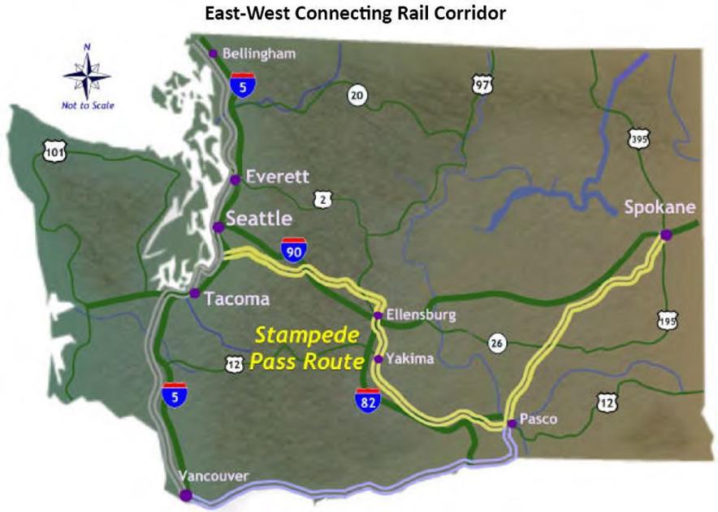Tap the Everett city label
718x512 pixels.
coord(278,176)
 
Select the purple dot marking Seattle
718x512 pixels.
coord(218,227)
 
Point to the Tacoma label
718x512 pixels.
coord(237,298)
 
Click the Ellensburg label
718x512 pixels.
coord(422,315)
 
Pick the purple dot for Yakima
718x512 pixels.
coord(378,358)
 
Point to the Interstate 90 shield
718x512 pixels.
coord(294,249)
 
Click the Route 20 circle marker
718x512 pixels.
coord(357,95)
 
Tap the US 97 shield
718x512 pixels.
coord(482,84)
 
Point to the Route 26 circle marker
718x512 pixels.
coord(497,343)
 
